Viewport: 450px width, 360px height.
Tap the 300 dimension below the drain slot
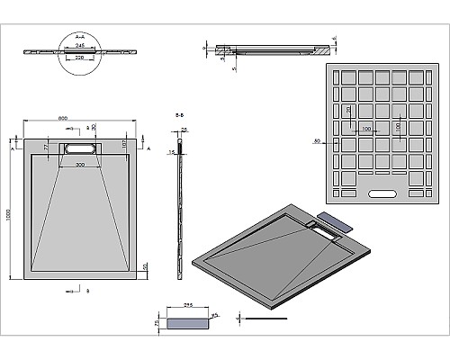[x=80, y=166]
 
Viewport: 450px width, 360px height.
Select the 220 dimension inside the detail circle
[x=80, y=56]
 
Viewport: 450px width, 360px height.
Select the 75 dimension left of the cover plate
[x=156, y=322]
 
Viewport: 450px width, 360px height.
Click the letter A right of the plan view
[x=148, y=146]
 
